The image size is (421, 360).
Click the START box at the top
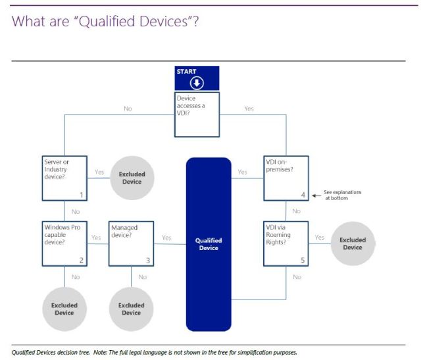197,70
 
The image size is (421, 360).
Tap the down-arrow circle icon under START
197,83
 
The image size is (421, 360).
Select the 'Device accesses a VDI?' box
197,114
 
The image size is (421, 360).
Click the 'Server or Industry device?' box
64,178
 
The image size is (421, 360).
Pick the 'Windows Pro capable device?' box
64,243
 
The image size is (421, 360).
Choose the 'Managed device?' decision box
131,243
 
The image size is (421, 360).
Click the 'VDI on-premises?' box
286,178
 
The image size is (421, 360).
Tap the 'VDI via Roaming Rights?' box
286,243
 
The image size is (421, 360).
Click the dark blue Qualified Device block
209,244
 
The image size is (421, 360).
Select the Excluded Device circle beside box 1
132,178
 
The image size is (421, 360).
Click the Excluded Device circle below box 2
64,309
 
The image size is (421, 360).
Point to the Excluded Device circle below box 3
131,309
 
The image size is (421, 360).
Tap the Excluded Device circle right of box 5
352,243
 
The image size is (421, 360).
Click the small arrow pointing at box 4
316,195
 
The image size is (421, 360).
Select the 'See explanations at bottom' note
342,195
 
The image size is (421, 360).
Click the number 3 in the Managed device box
147,261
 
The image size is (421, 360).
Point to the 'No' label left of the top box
128,109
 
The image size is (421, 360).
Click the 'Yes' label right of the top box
249,109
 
